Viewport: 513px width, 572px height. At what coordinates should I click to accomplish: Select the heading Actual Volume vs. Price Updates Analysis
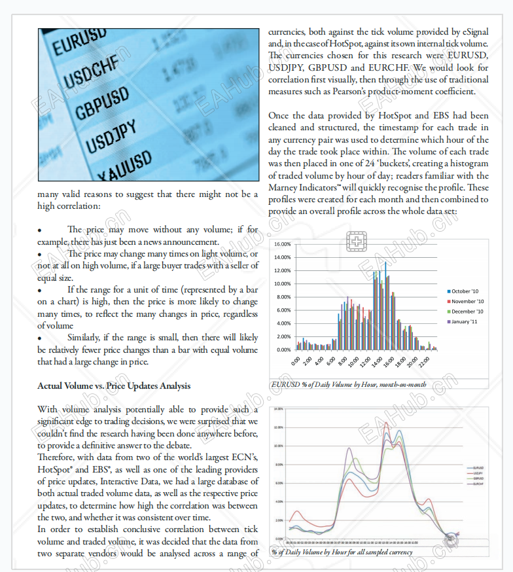pos(114,385)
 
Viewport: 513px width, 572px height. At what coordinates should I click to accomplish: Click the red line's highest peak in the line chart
pos(386,423)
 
